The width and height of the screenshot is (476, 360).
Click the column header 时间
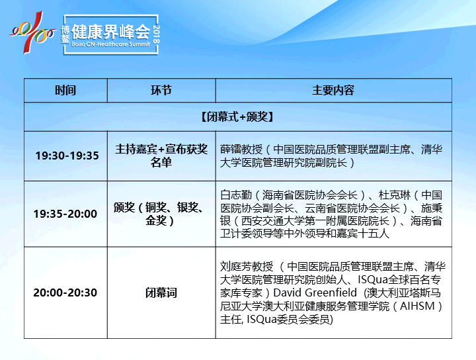click(x=65, y=90)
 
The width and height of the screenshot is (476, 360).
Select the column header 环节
click(x=161, y=90)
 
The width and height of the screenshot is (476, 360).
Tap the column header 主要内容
click(x=333, y=90)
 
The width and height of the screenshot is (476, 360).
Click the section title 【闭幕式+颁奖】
click(x=238, y=116)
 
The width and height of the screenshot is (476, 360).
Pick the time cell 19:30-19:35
click(x=67, y=156)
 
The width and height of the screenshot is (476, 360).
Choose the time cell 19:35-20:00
click(x=65, y=214)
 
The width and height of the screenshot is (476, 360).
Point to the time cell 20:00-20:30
click(x=65, y=292)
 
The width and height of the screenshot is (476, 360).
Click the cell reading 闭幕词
click(x=161, y=293)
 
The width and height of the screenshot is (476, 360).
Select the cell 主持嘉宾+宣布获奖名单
click(x=161, y=156)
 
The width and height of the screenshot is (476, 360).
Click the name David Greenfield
click(x=315, y=292)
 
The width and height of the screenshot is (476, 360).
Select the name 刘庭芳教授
click(x=247, y=267)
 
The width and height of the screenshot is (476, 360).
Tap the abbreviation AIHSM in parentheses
click(x=417, y=306)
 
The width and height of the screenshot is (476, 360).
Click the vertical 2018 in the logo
click(x=156, y=34)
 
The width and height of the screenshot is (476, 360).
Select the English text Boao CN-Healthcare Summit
click(x=110, y=44)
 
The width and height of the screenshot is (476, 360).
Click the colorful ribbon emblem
click(x=33, y=32)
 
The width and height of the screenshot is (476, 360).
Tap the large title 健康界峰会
click(x=110, y=32)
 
